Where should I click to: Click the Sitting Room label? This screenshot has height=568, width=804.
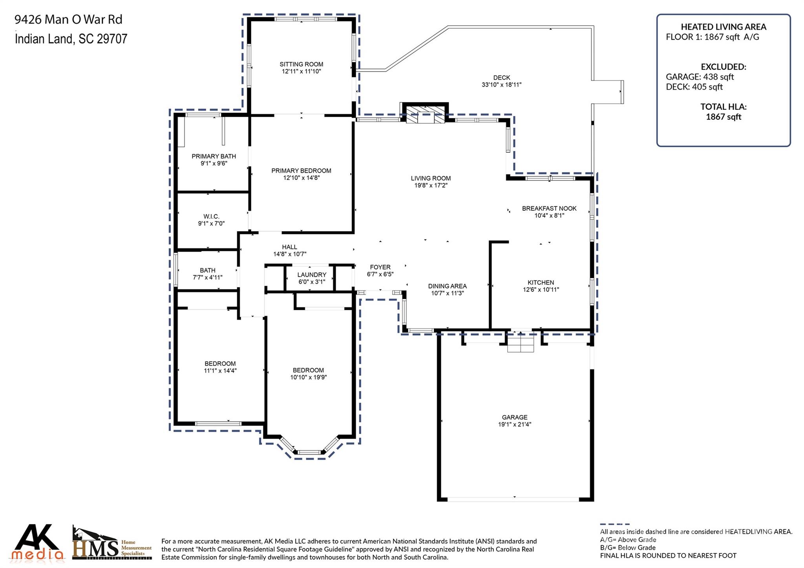click(x=301, y=64)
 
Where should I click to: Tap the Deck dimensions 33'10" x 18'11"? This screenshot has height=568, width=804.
click(x=501, y=85)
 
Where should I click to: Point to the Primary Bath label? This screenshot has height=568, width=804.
click(x=214, y=156)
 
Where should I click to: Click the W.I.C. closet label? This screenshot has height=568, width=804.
click(x=211, y=217)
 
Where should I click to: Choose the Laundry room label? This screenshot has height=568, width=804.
click(x=312, y=275)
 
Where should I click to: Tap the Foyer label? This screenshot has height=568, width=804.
click(x=380, y=267)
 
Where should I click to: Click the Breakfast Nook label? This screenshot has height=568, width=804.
click(x=549, y=208)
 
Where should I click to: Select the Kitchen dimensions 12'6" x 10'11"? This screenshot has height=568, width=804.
click(x=541, y=290)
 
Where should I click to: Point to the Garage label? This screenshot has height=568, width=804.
click(x=514, y=417)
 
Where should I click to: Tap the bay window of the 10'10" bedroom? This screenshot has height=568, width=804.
click(x=309, y=451)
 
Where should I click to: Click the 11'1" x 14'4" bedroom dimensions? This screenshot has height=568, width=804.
click(x=220, y=371)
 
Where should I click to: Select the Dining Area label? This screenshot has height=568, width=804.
click(x=447, y=286)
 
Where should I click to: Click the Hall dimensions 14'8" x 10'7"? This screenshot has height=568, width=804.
click(x=290, y=254)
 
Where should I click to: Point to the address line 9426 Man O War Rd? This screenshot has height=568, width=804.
click(x=68, y=19)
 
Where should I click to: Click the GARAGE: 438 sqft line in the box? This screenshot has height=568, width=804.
click(x=700, y=77)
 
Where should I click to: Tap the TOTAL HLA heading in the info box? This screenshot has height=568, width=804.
click(x=723, y=107)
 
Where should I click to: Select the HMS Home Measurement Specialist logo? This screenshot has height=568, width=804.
click(x=112, y=544)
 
